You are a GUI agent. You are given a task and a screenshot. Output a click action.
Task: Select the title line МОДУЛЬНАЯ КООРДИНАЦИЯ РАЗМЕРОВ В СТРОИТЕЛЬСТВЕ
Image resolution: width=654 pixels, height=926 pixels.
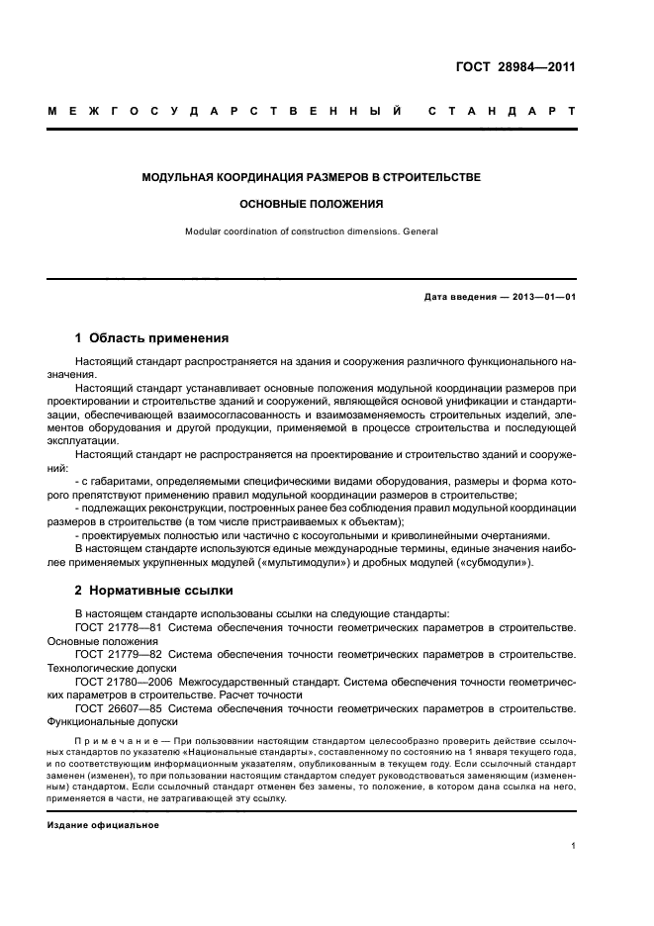(x=312, y=177)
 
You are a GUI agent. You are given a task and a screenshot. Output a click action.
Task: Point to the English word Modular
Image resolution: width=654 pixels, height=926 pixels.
(x=206, y=232)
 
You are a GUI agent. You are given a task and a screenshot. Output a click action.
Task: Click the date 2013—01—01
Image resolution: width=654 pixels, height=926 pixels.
(x=541, y=297)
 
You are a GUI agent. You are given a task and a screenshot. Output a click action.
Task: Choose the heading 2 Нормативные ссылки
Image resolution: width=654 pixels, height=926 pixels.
(x=154, y=591)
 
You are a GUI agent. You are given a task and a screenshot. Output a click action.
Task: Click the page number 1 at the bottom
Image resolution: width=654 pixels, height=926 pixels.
(x=574, y=846)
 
